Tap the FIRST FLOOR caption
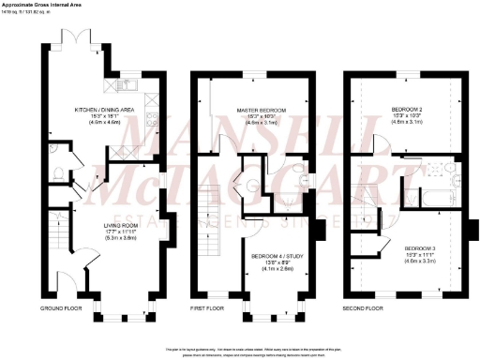(208, 308)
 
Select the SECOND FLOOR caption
(363, 308)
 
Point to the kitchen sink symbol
(130, 88)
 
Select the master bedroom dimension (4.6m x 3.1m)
(256, 124)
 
